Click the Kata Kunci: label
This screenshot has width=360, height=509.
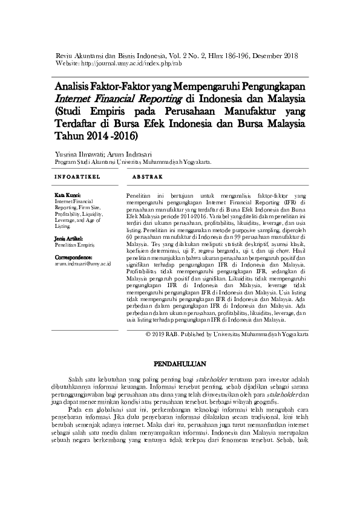[68, 196]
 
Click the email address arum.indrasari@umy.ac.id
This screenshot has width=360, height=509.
[82, 264]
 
